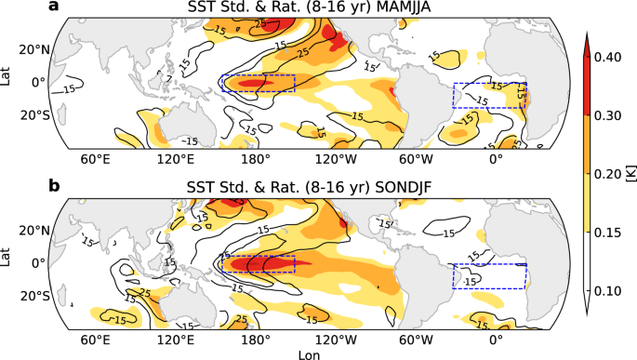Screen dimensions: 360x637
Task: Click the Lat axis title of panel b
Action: (7, 262)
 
